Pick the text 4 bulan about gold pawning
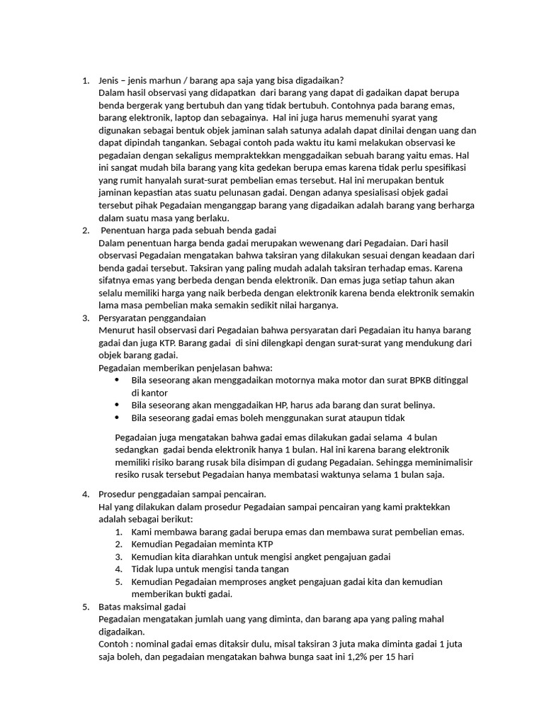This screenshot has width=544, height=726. (x=421, y=437)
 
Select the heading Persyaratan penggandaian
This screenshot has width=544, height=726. (x=152, y=318)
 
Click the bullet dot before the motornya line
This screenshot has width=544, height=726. (x=117, y=380)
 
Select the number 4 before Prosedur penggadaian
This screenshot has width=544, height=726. (x=85, y=494)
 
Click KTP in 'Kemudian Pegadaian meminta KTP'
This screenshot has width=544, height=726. (x=264, y=544)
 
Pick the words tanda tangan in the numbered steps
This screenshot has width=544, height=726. (x=260, y=569)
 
